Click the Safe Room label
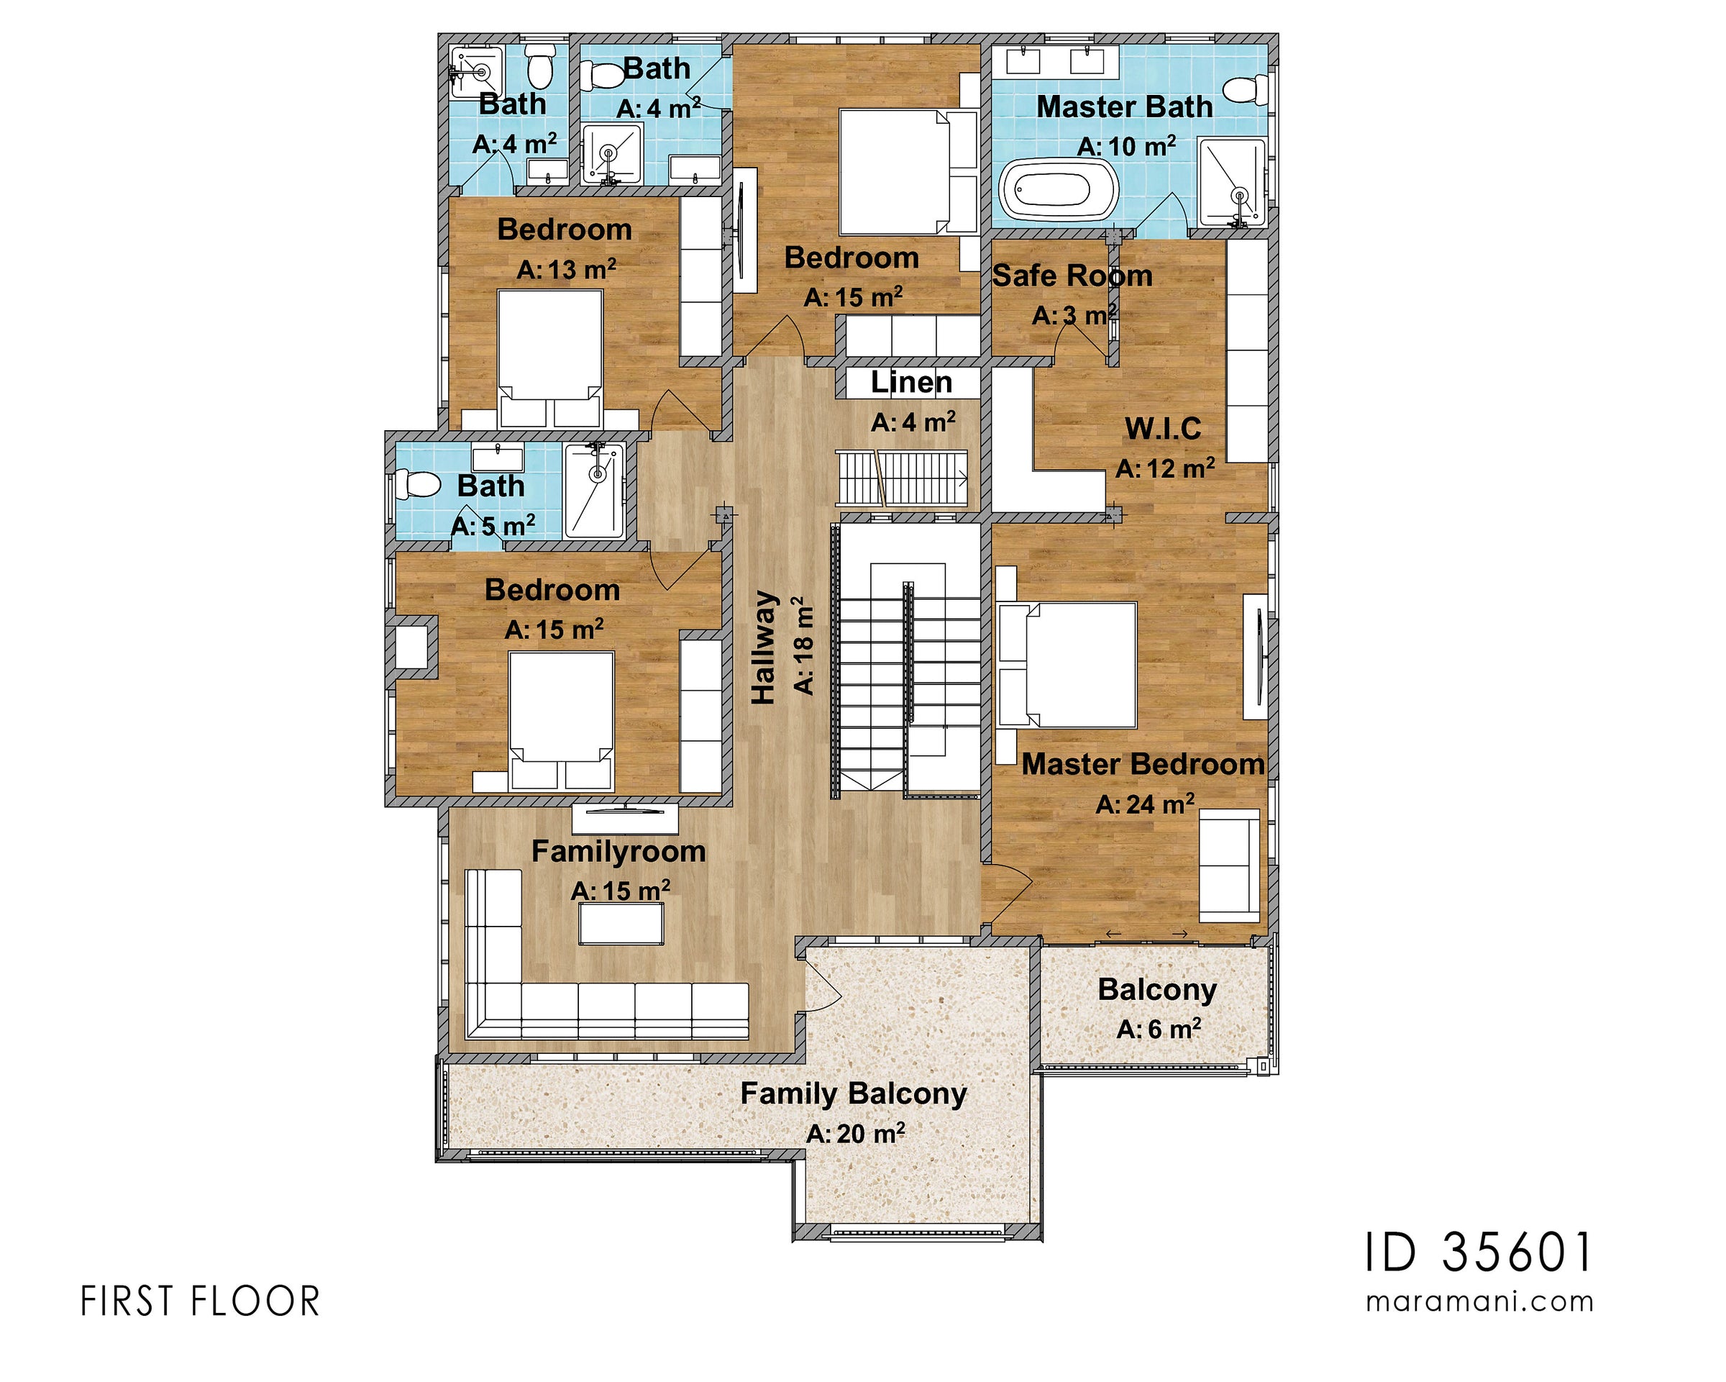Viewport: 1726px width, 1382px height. [1072, 276]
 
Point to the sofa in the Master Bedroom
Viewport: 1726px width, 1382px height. [1228, 865]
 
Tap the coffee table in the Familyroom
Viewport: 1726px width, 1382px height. [621, 924]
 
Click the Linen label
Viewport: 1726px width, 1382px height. [911, 383]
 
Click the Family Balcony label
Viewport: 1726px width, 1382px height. [854, 1093]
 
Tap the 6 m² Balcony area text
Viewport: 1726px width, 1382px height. [1159, 1029]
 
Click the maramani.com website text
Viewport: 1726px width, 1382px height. [1479, 1301]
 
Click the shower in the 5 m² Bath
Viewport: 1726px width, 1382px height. [594, 491]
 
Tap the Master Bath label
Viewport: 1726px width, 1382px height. [1124, 106]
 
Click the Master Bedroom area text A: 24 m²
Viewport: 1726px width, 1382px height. [1145, 804]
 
